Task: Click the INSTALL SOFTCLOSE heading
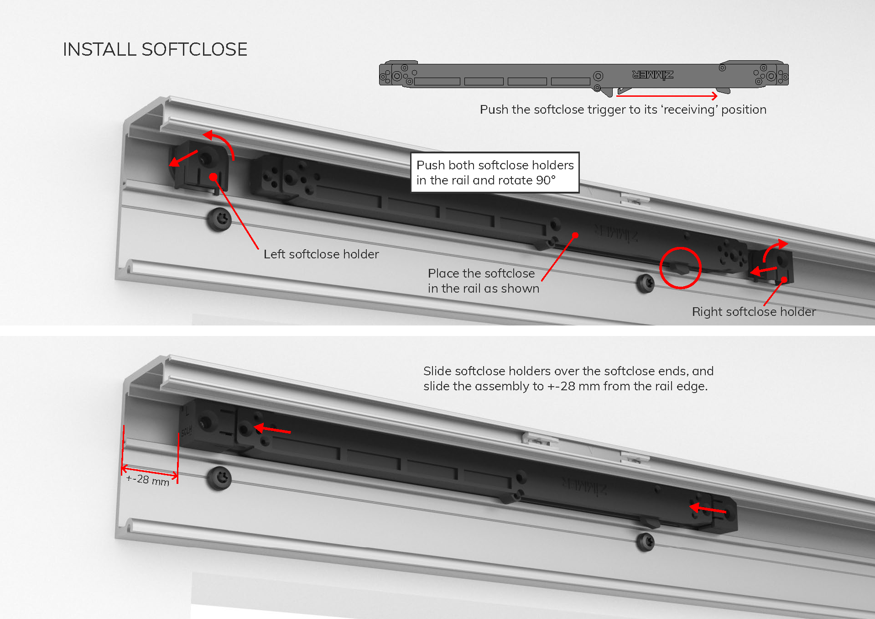coord(155,49)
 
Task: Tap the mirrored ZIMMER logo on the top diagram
coord(653,74)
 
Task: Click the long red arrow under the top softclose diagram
coord(667,95)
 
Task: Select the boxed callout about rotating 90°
coord(495,173)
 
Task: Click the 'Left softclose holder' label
coord(321,254)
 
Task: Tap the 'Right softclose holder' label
coord(754,311)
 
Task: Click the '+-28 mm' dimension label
coord(148,480)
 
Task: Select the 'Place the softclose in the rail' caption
coord(484,281)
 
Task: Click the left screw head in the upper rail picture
coord(219,220)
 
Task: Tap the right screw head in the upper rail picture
coord(645,283)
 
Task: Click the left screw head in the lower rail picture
coord(219,478)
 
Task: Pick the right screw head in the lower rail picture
coord(645,542)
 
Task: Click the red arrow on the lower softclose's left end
coord(272,429)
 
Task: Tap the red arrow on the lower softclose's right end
coord(708,509)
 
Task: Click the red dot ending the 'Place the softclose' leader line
coord(575,235)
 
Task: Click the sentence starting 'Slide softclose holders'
coord(568,378)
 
